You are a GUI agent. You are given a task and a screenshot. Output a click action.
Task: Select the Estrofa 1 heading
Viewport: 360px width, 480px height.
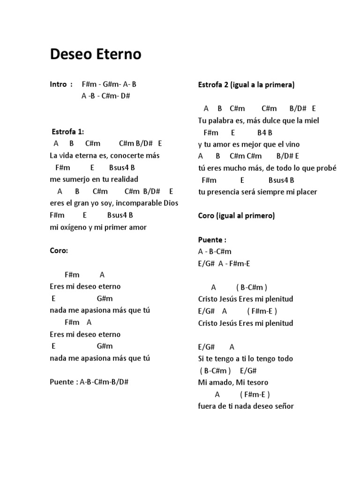[67, 132]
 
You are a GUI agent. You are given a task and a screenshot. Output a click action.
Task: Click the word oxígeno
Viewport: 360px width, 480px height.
[75, 227]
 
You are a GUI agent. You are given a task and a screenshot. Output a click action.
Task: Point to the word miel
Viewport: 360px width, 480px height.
[312, 120]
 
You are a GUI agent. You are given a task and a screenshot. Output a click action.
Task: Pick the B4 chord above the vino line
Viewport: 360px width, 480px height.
[262, 133]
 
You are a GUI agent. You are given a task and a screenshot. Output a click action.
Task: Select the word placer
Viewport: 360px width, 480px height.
[307, 192]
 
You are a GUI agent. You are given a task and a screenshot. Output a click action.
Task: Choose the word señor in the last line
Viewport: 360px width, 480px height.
[284, 406]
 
